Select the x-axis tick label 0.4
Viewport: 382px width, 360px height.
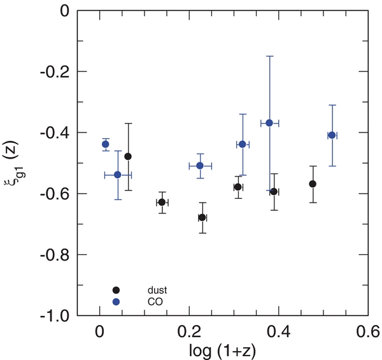pos(278,331)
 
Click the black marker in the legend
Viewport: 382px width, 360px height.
pos(115,290)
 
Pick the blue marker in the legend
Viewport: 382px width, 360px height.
pos(115,301)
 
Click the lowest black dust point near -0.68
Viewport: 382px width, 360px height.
pos(202,217)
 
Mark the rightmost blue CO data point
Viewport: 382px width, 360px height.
pos(332,135)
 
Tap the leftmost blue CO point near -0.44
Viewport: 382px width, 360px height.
pos(106,144)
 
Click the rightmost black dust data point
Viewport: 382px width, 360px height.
pos(313,184)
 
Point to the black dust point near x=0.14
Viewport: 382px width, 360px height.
pos(162,202)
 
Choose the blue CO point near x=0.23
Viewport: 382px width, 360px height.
pos(200,166)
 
